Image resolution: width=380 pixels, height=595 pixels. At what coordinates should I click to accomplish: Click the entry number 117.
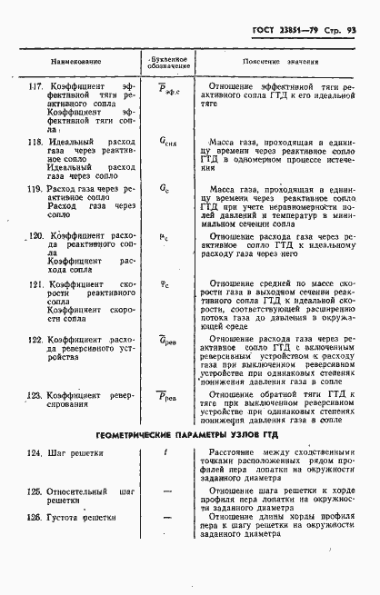coord(35,86)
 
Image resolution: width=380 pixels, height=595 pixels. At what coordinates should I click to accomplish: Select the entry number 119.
coord(35,189)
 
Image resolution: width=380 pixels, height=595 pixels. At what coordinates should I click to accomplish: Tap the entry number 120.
coord(36,236)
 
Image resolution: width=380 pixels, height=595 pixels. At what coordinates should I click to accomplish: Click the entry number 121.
coord(36,283)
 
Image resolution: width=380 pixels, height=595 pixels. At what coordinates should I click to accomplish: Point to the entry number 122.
coord(36,340)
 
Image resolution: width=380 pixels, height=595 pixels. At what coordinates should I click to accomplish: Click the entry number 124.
coord(35,451)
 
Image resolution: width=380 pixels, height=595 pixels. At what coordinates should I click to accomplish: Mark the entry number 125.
coord(35,491)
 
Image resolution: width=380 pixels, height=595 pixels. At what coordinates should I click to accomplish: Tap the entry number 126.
coord(35,518)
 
